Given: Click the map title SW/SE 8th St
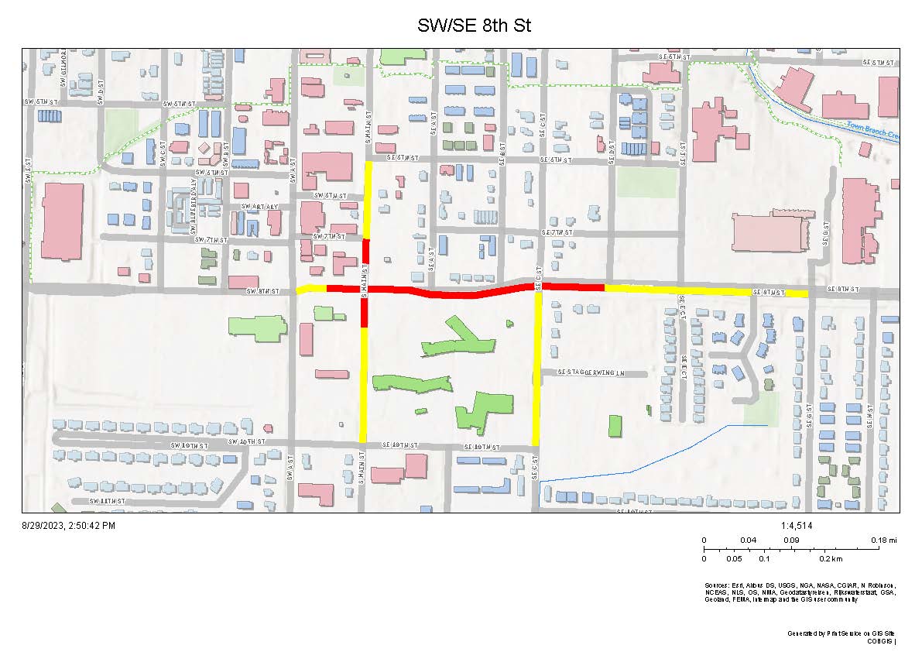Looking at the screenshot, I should [474, 26].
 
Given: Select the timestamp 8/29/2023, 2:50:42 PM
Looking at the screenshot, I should [68, 526].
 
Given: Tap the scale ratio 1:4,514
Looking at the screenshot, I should [797, 527].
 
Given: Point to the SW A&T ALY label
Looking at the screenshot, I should [258, 207].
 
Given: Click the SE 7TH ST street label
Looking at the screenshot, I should [557, 232].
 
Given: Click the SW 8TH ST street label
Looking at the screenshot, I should [262, 291].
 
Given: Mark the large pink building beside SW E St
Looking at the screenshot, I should [62, 221].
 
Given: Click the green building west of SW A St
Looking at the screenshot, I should [256, 324].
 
